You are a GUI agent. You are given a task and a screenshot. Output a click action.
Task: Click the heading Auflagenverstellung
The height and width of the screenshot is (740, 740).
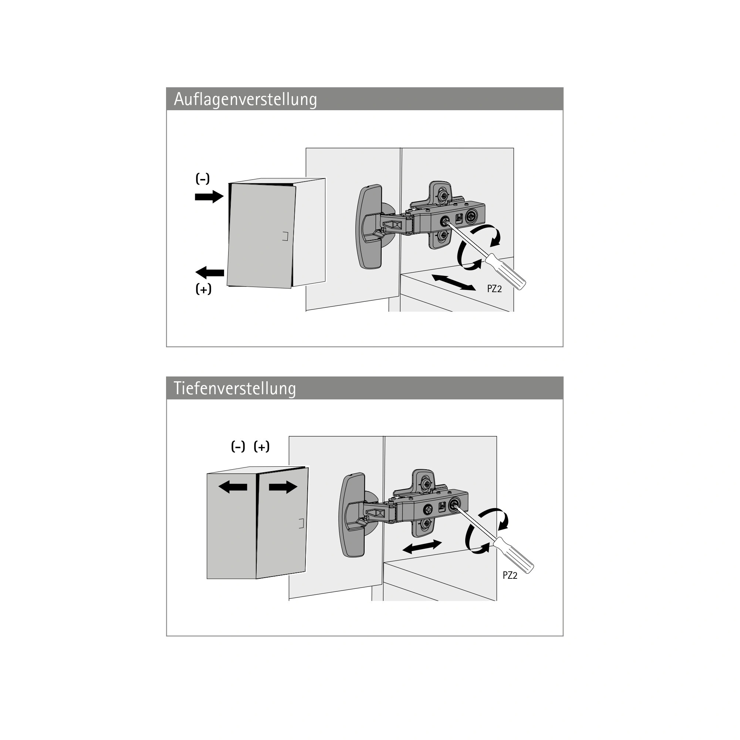(x=246, y=99)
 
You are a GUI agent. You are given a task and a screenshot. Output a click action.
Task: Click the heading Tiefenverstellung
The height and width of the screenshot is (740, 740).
(x=235, y=389)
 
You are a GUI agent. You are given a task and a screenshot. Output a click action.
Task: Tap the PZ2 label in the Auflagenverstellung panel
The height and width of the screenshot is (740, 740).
(x=494, y=289)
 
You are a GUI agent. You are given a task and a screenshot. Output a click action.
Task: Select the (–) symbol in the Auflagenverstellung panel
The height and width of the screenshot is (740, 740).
(x=203, y=179)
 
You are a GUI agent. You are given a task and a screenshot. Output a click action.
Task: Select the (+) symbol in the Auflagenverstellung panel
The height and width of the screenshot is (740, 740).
(x=203, y=289)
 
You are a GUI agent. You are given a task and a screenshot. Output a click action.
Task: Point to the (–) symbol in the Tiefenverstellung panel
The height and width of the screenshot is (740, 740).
(x=238, y=447)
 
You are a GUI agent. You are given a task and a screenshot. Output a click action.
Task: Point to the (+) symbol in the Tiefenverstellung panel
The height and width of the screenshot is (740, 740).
(x=261, y=447)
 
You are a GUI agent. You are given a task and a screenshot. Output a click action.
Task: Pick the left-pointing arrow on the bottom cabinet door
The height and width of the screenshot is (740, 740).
(x=233, y=487)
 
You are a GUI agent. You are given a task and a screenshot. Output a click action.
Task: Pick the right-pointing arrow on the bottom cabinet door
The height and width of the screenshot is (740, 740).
(x=283, y=487)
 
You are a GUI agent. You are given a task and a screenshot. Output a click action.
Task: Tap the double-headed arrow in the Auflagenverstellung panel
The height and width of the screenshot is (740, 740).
(x=453, y=283)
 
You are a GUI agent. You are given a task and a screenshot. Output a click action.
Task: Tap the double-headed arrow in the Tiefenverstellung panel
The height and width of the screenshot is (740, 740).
(x=422, y=547)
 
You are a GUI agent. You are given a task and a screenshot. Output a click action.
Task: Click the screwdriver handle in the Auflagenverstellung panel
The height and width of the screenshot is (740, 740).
(x=506, y=271)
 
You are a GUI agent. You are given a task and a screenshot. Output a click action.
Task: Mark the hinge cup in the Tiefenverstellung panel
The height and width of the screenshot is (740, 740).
(x=353, y=515)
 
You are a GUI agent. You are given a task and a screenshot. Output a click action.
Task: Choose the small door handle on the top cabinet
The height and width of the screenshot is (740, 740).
(x=285, y=236)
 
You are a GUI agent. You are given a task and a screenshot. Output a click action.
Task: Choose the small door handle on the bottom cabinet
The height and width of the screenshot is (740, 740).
(x=301, y=523)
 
